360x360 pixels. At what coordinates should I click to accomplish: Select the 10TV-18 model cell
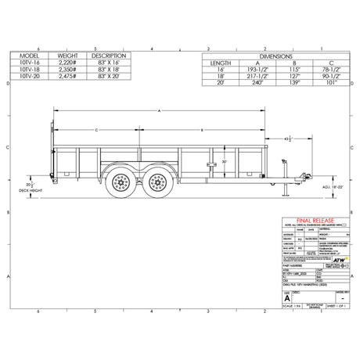tap(31, 69)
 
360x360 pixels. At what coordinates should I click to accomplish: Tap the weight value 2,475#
tap(68, 75)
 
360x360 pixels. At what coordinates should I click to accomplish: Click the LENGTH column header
tap(220, 63)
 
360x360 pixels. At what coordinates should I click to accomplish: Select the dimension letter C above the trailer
tap(95, 128)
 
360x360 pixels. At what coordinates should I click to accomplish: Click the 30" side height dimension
tap(224, 162)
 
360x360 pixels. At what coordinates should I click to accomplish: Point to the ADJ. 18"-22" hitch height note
tap(311, 188)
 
